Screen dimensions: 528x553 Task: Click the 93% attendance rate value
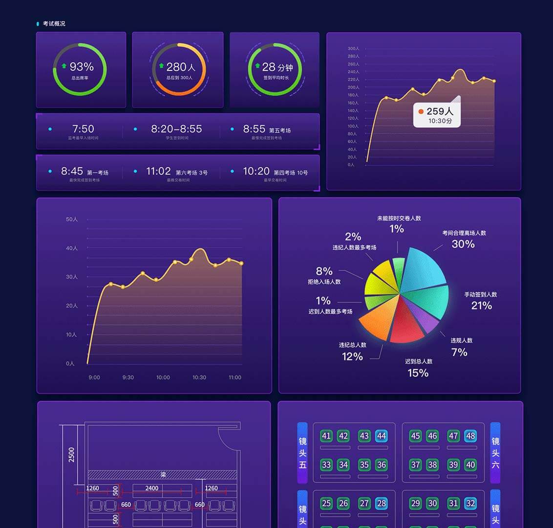click(x=81, y=66)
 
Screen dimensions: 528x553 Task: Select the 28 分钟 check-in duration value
click(x=277, y=67)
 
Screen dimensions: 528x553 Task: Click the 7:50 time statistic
click(x=83, y=129)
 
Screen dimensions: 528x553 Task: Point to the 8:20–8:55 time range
click(x=176, y=129)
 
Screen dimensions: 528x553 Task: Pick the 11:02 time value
click(x=158, y=171)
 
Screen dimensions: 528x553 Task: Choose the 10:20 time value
click(x=256, y=171)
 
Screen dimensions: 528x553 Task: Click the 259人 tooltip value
click(x=440, y=111)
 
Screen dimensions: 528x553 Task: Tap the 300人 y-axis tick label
click(x=353, y=49)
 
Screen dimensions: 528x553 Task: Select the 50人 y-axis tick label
click(x=72, y=220)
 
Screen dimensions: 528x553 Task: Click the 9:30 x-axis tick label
click(x=128, y=377)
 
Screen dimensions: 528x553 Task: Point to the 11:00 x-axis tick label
click(x=235, y=377)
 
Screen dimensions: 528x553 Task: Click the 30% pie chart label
click(x=463, y=244)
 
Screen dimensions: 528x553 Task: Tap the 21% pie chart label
click(x=481, y=306)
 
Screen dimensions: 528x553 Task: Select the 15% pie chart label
click(x=418, y=373)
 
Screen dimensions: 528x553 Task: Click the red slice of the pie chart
click(x=407, y=323)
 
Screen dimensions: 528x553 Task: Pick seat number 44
click(x=382, y=436)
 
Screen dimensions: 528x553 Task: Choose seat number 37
click(x=416, y=464)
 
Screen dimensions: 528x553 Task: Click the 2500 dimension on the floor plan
click(x=72, y=455)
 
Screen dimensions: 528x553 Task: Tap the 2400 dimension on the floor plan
click(x=152, y=488)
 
